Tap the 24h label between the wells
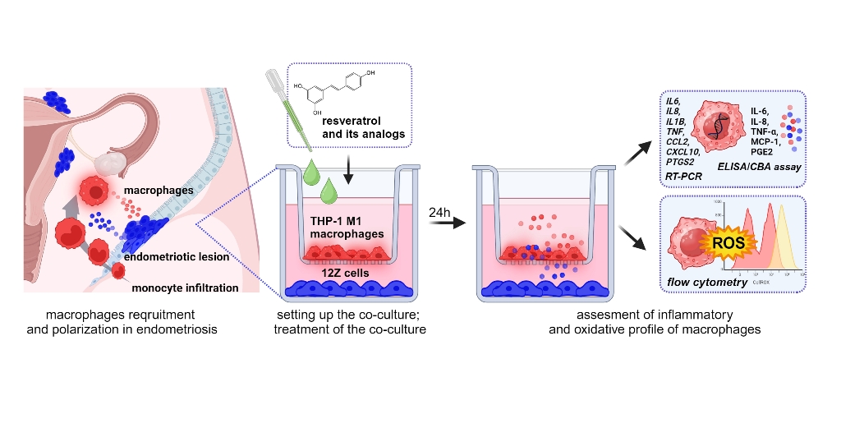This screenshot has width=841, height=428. click(x=440, y=212)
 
